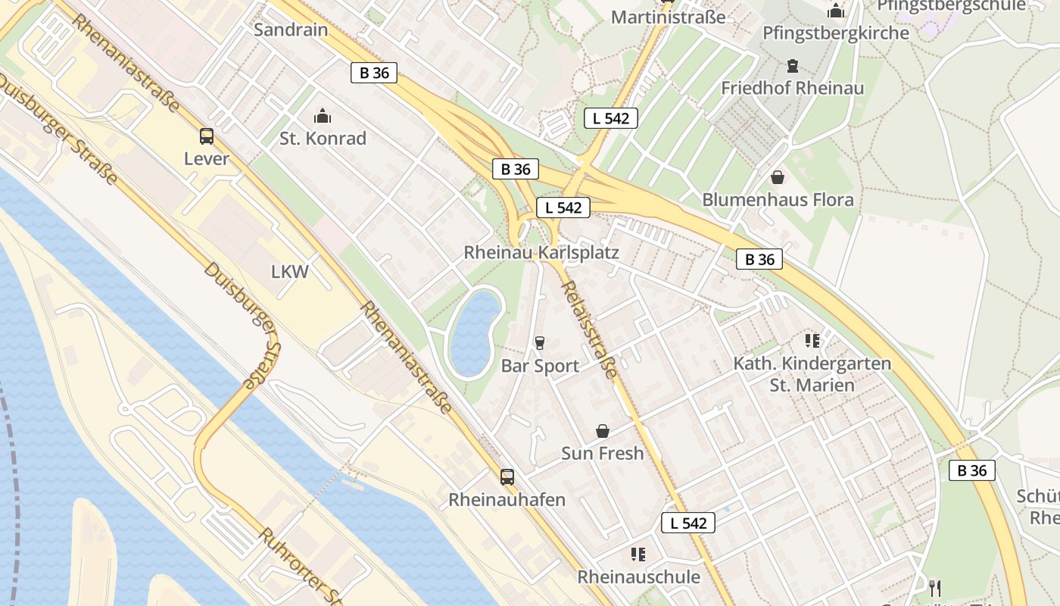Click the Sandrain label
point(291,30)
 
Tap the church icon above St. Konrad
point(323,117)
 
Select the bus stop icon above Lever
point(206,136)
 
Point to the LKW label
point(290,271)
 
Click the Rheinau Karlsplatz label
point(541,252)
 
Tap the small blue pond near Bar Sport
point(474,334)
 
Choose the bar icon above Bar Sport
point(540,343)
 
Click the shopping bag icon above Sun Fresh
point(603,431)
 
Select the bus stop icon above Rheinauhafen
point(507,477)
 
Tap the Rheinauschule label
point(639,576)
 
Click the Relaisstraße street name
point(590,330)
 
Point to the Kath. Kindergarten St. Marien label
point(812,374)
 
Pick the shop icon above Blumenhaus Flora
point(777,177)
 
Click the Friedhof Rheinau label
point(792,88)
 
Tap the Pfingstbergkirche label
point(836,33)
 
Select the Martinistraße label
point(668,17)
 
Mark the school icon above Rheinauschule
point(638,554)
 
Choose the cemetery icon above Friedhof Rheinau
point(793,66)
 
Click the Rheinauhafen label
point(507,500)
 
